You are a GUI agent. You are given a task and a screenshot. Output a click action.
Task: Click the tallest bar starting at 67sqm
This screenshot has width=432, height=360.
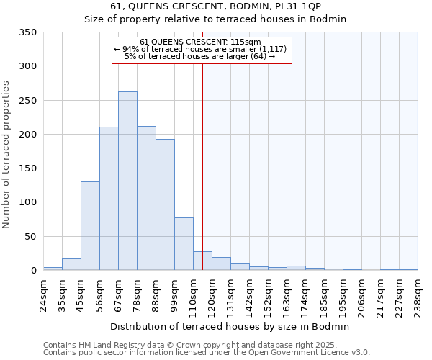click(127, 181)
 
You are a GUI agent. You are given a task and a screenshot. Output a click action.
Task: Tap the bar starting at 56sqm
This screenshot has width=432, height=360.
click(109, 199)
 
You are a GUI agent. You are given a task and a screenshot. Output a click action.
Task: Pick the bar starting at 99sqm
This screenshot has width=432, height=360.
click(184, 243)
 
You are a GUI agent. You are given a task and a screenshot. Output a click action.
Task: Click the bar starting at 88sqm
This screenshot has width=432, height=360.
click(165, 204)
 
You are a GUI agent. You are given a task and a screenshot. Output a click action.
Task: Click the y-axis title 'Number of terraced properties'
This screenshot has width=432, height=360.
click(6, 154)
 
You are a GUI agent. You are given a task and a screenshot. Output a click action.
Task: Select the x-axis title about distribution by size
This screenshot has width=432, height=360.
click(230, 326)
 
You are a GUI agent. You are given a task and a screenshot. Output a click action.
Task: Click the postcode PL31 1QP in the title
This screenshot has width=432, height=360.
click(289, 6)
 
